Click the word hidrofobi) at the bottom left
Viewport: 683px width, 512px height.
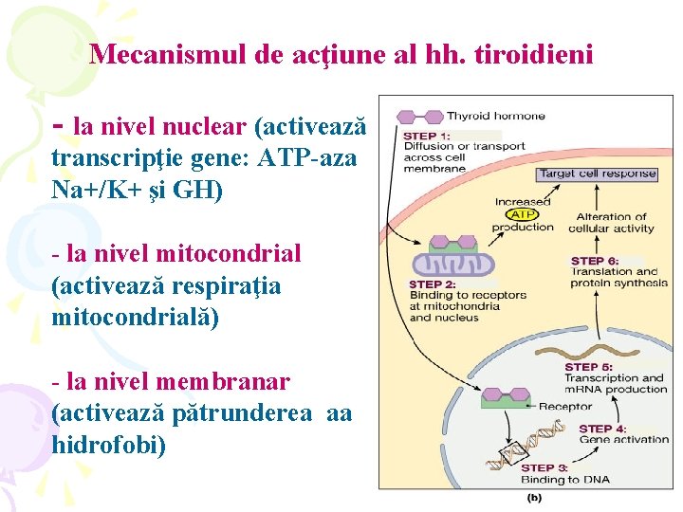109,444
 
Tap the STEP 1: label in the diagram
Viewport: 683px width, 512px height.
427,135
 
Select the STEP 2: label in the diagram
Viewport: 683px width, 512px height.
433,283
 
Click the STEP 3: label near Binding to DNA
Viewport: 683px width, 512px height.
545,466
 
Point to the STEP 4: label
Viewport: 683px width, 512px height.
601,429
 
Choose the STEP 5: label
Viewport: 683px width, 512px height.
588,367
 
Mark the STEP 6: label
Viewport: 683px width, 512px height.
594,261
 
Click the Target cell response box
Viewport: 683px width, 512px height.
597,174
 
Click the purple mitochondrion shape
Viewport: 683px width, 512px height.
453,263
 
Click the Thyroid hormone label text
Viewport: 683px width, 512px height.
495,116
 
